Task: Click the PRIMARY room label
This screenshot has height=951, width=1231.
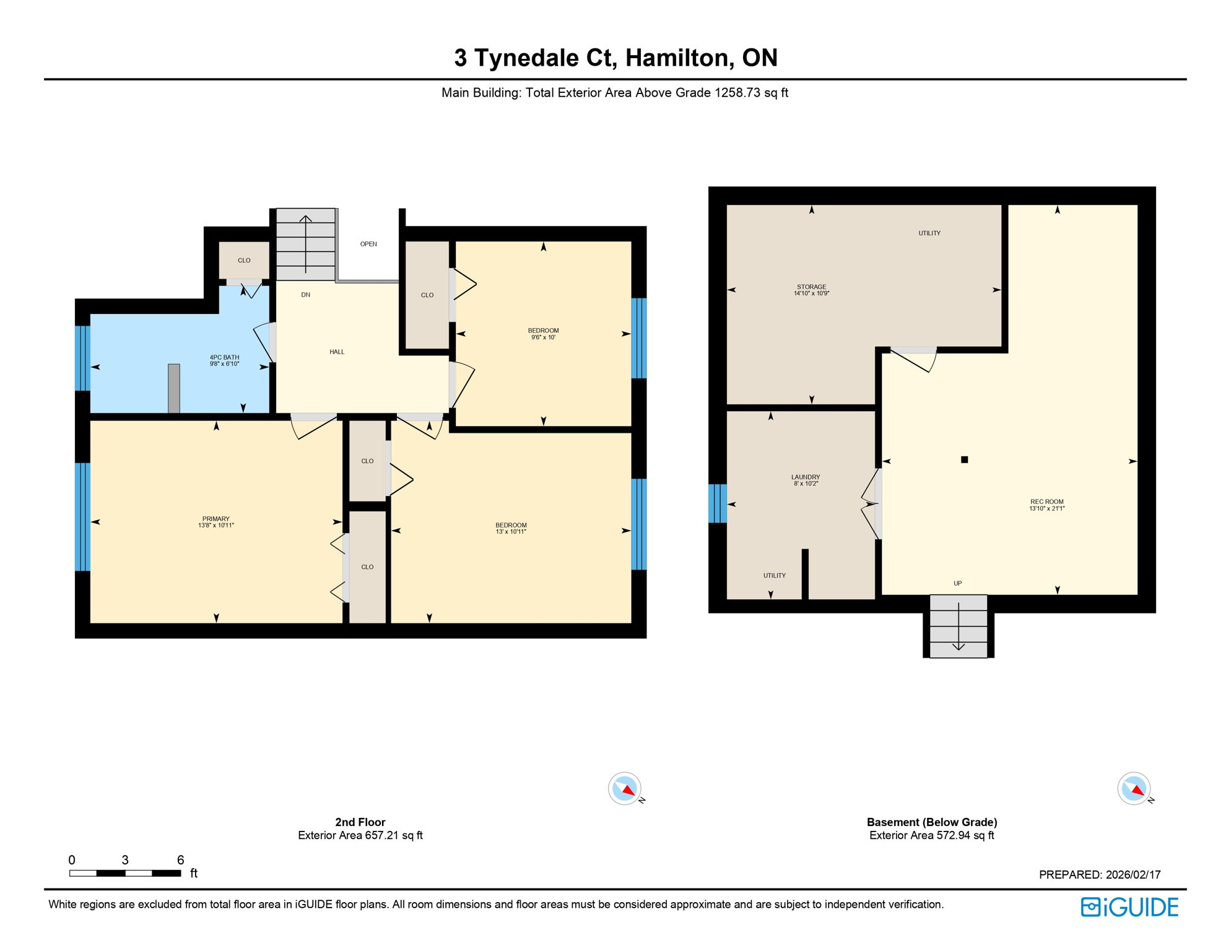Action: click(215, 519)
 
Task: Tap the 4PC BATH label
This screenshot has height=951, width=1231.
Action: click(224, 357)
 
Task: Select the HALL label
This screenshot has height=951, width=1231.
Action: click(337, 352)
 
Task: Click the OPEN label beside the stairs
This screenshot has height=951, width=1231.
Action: click(368, 244)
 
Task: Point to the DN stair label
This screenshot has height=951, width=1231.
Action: click(306, 295)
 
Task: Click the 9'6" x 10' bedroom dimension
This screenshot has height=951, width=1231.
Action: click(543, 337)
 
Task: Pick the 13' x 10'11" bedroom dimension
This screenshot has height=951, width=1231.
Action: click(511, 532)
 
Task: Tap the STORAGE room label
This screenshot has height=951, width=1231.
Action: click(811, 287)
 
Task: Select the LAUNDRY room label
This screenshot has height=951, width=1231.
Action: click(805, 477)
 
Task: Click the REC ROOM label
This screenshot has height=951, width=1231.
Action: click(1046, 502)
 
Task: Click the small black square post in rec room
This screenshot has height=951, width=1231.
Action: click(964, 459)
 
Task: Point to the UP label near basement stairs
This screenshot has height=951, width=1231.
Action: click(957, 583)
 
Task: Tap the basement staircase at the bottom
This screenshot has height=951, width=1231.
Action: click(958, 627)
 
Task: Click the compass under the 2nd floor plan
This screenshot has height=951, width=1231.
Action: click(625, 789)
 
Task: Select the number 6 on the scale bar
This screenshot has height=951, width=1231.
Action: click(180, 859)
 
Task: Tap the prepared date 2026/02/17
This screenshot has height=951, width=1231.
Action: click(1133, 874)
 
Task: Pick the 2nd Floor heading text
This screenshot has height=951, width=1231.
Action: click(360, 822)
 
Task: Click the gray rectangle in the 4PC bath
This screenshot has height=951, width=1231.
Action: click(174, 388)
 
